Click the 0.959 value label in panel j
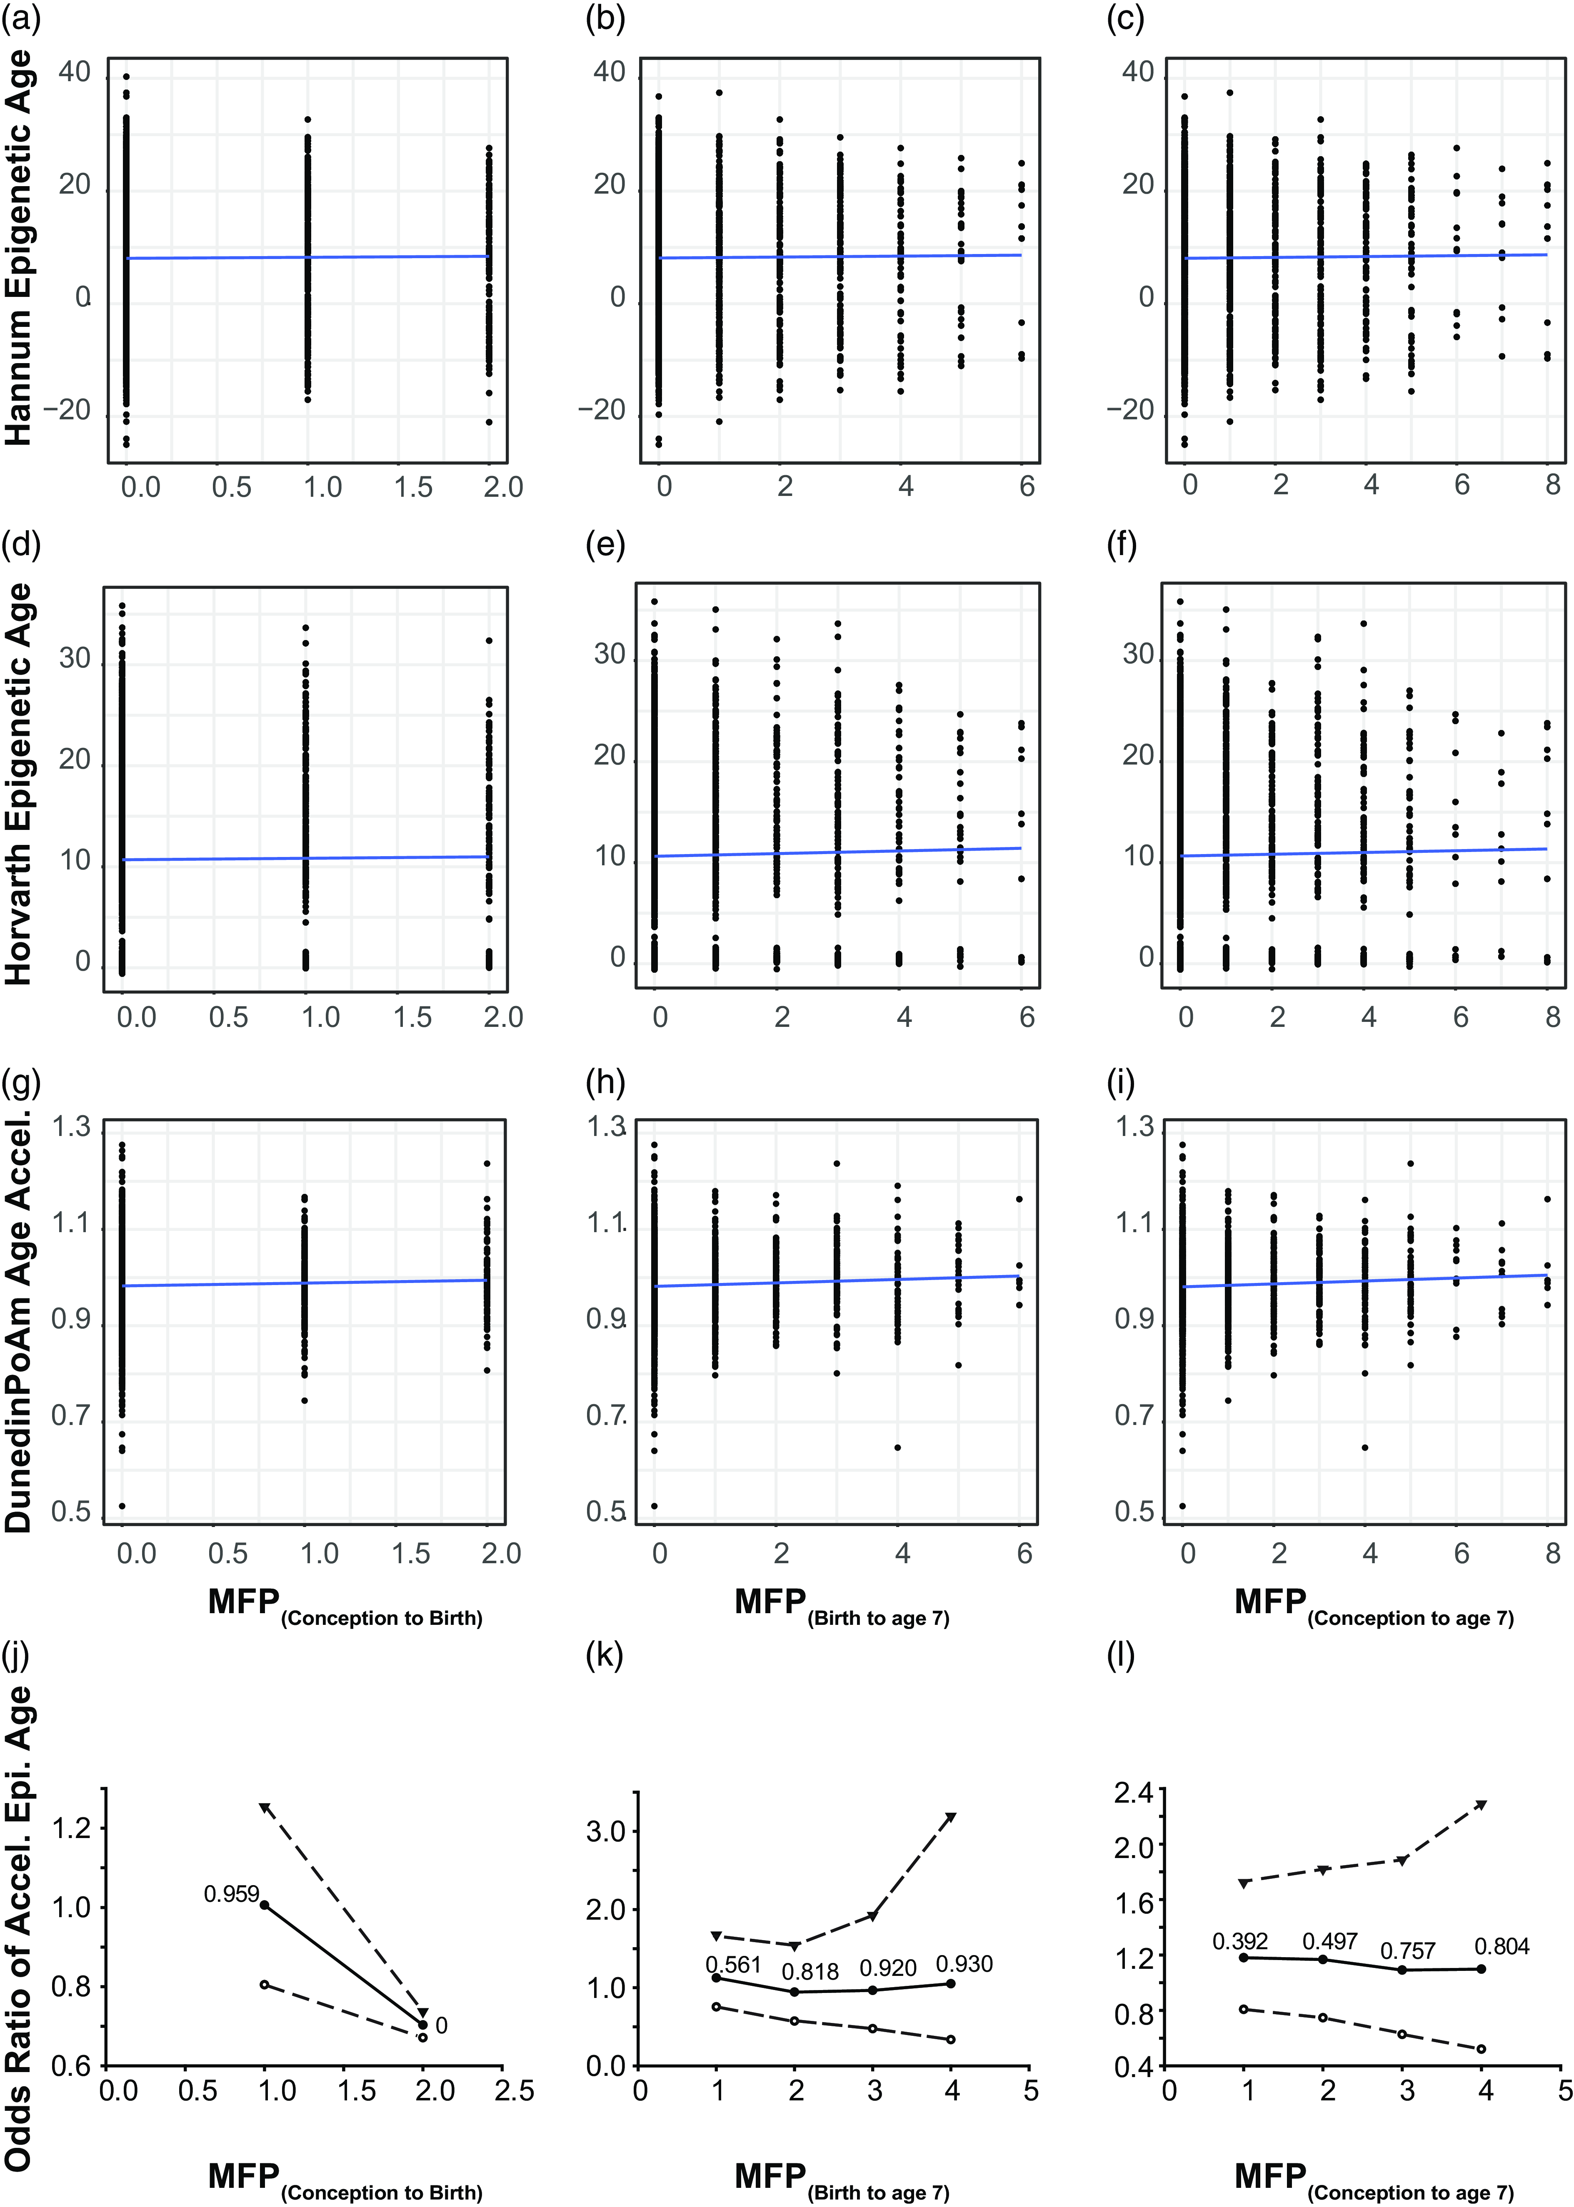click(x=232, y=1893)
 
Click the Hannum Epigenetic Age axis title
click(x=20, y=247)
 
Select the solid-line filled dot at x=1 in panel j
click(x=265, y=1905)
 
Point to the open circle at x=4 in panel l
click(x=1481, y=2048)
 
